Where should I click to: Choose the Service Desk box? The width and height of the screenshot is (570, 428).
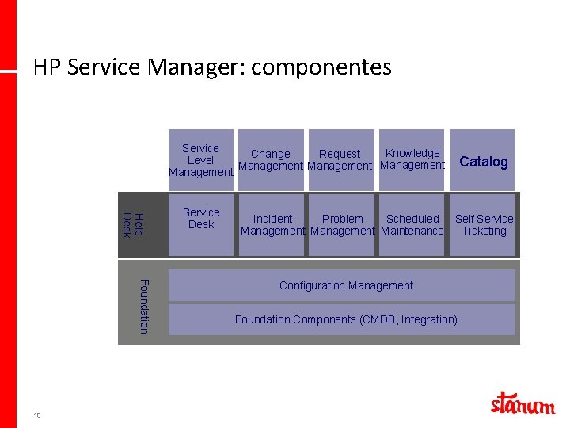201,224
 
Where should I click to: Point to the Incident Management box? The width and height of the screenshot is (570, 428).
272,224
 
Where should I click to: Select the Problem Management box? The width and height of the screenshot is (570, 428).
342,224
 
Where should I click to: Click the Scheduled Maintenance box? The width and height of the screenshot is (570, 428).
412,224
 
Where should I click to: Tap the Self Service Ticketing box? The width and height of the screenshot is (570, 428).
484,224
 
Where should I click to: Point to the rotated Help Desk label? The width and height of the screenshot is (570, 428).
133,224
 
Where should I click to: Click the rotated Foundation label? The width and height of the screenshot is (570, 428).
143,306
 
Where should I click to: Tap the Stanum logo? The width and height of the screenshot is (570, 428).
522,403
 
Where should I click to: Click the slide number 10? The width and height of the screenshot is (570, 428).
37,415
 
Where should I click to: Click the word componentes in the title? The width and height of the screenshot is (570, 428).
321,67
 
